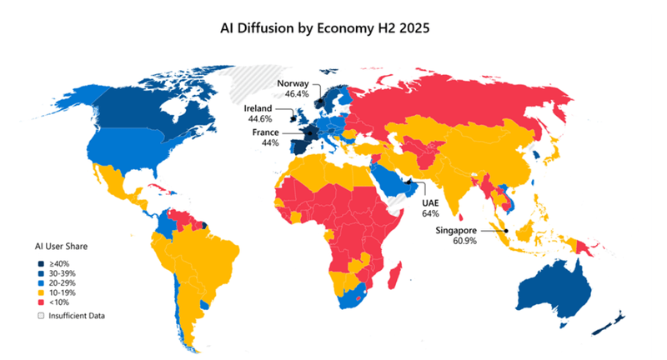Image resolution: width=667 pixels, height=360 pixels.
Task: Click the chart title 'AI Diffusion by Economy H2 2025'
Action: tap(333, 27)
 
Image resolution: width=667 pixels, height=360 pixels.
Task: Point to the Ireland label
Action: tap(258, 108)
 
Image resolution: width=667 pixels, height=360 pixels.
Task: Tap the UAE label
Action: tap(429, 202)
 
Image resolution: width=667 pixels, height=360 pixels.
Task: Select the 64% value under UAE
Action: tap(429, 213)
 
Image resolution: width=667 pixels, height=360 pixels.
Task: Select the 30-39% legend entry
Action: tap(62, 274)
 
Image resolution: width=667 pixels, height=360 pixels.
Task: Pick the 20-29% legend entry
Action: tap(62, 284)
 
